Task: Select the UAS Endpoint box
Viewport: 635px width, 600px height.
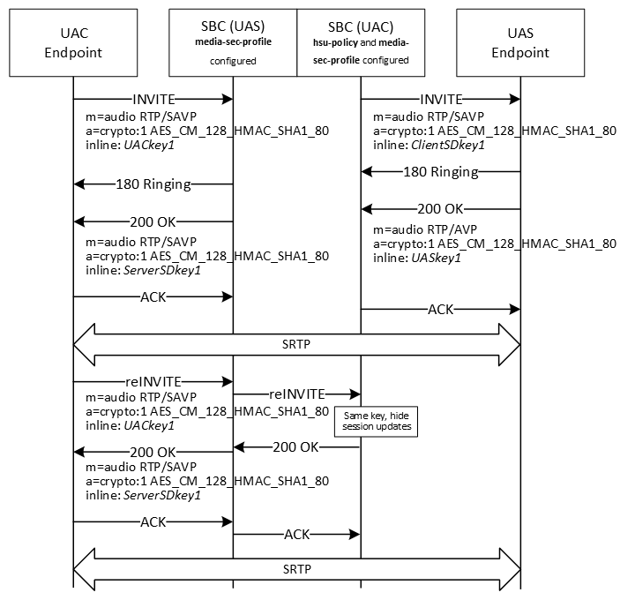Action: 520,43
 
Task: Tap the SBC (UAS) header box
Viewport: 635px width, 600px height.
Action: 233,43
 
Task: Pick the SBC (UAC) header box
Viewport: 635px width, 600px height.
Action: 361,43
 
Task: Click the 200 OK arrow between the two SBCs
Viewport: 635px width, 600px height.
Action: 296,447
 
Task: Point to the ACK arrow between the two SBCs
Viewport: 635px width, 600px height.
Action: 296,534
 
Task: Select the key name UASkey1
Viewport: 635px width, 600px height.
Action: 438,258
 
